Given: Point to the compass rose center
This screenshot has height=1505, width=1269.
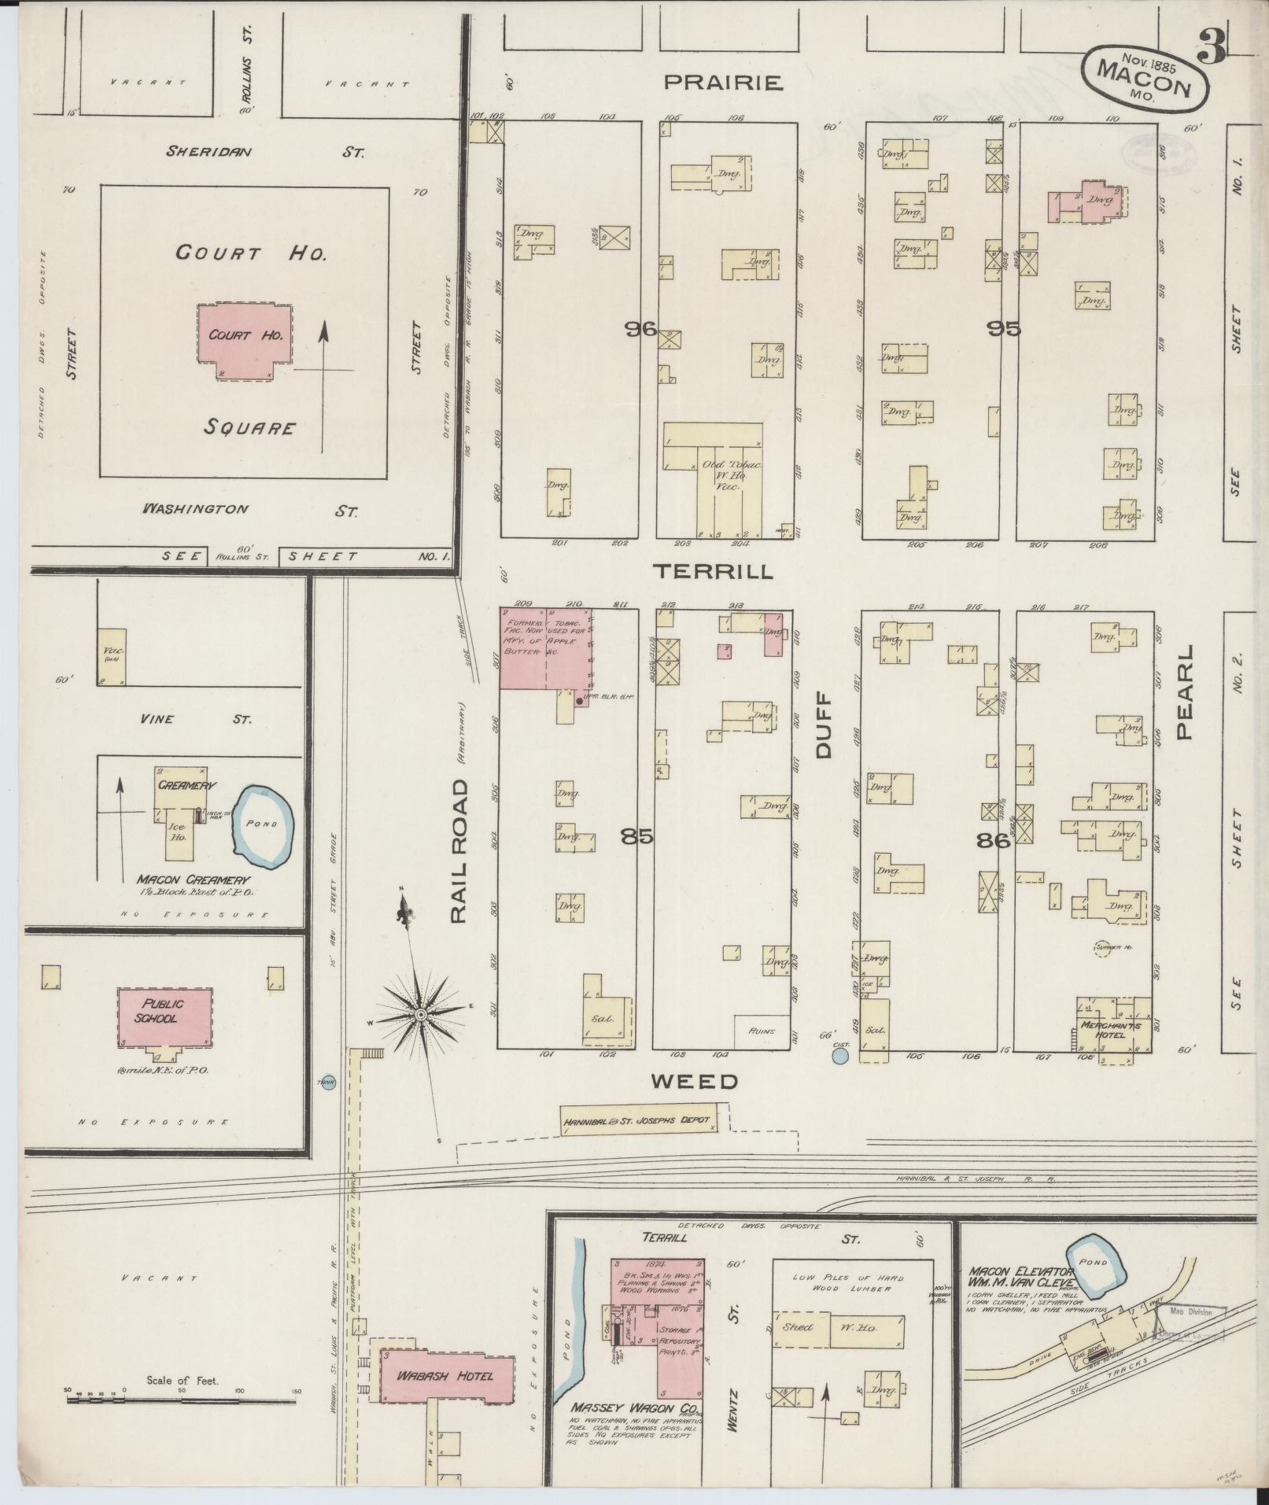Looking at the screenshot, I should (421, 1016).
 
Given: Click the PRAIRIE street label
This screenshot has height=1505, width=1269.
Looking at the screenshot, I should (723, 81).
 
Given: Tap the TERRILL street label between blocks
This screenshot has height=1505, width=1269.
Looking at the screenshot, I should (716, 572).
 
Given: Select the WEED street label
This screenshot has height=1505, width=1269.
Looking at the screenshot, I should (694, 1082).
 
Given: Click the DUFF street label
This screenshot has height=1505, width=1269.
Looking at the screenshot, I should (824, 725).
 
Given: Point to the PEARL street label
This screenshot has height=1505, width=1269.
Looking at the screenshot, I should (1184, 692).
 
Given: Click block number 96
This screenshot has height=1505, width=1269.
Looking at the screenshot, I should (640, 330).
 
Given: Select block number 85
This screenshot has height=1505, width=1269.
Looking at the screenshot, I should (636, 836).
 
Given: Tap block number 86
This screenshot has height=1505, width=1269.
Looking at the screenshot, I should (993, 840).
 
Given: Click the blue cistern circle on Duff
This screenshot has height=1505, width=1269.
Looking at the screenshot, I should (840, 1056).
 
